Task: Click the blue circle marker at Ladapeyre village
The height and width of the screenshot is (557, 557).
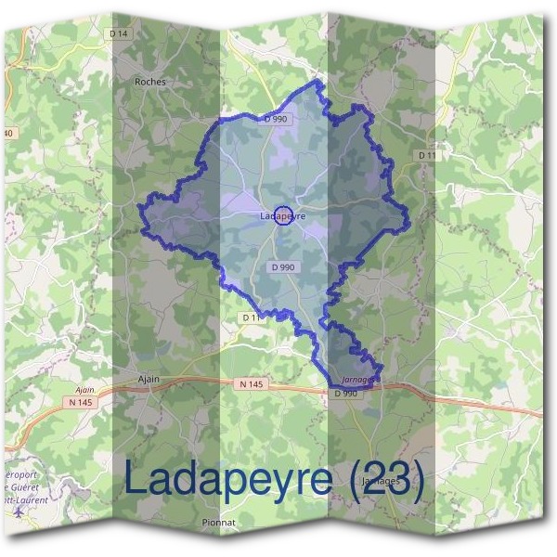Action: coord(285,215)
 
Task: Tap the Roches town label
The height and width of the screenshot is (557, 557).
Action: coord(150,82)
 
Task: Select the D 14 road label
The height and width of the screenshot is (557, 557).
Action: coord(117,33)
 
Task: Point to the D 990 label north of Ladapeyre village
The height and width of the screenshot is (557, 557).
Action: coord(276,119)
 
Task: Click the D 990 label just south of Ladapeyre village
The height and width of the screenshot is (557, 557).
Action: coord(283,267)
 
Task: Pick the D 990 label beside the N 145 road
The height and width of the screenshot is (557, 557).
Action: coord(345,393)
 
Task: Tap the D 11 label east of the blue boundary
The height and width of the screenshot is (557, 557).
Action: coord(426,154)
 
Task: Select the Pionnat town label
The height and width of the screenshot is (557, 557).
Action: coord(218,523)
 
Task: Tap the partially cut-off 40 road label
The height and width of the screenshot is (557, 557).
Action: coord(8,134)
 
